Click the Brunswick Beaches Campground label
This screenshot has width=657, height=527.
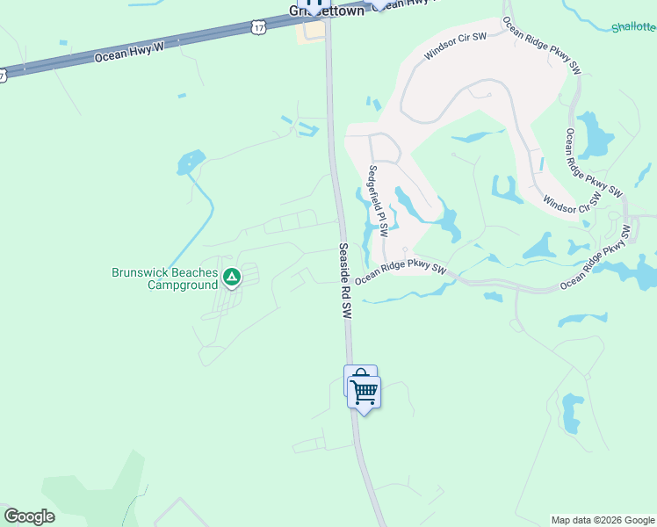click(x=164, y=278)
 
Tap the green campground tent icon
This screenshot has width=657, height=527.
click(x=231, y=278)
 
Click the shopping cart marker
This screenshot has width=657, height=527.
click(x=364, y=391)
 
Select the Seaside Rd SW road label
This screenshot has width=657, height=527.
click(x=345, y=280)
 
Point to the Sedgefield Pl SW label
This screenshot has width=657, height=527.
click(x=378, y=201)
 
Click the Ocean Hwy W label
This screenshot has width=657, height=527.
click(x=129, y=52)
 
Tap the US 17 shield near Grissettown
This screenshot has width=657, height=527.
click(x=257, y=27)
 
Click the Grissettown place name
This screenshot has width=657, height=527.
click(x=327, y=12)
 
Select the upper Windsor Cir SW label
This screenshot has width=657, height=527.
click(x=455, y=46)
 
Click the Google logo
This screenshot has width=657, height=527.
click(x=29, y=516)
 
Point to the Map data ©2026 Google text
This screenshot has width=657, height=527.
click(x=603, y=520)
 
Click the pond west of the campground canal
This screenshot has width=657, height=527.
click(x=191, y=162)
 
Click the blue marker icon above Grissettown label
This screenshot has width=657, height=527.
click(x=313, y=4)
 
